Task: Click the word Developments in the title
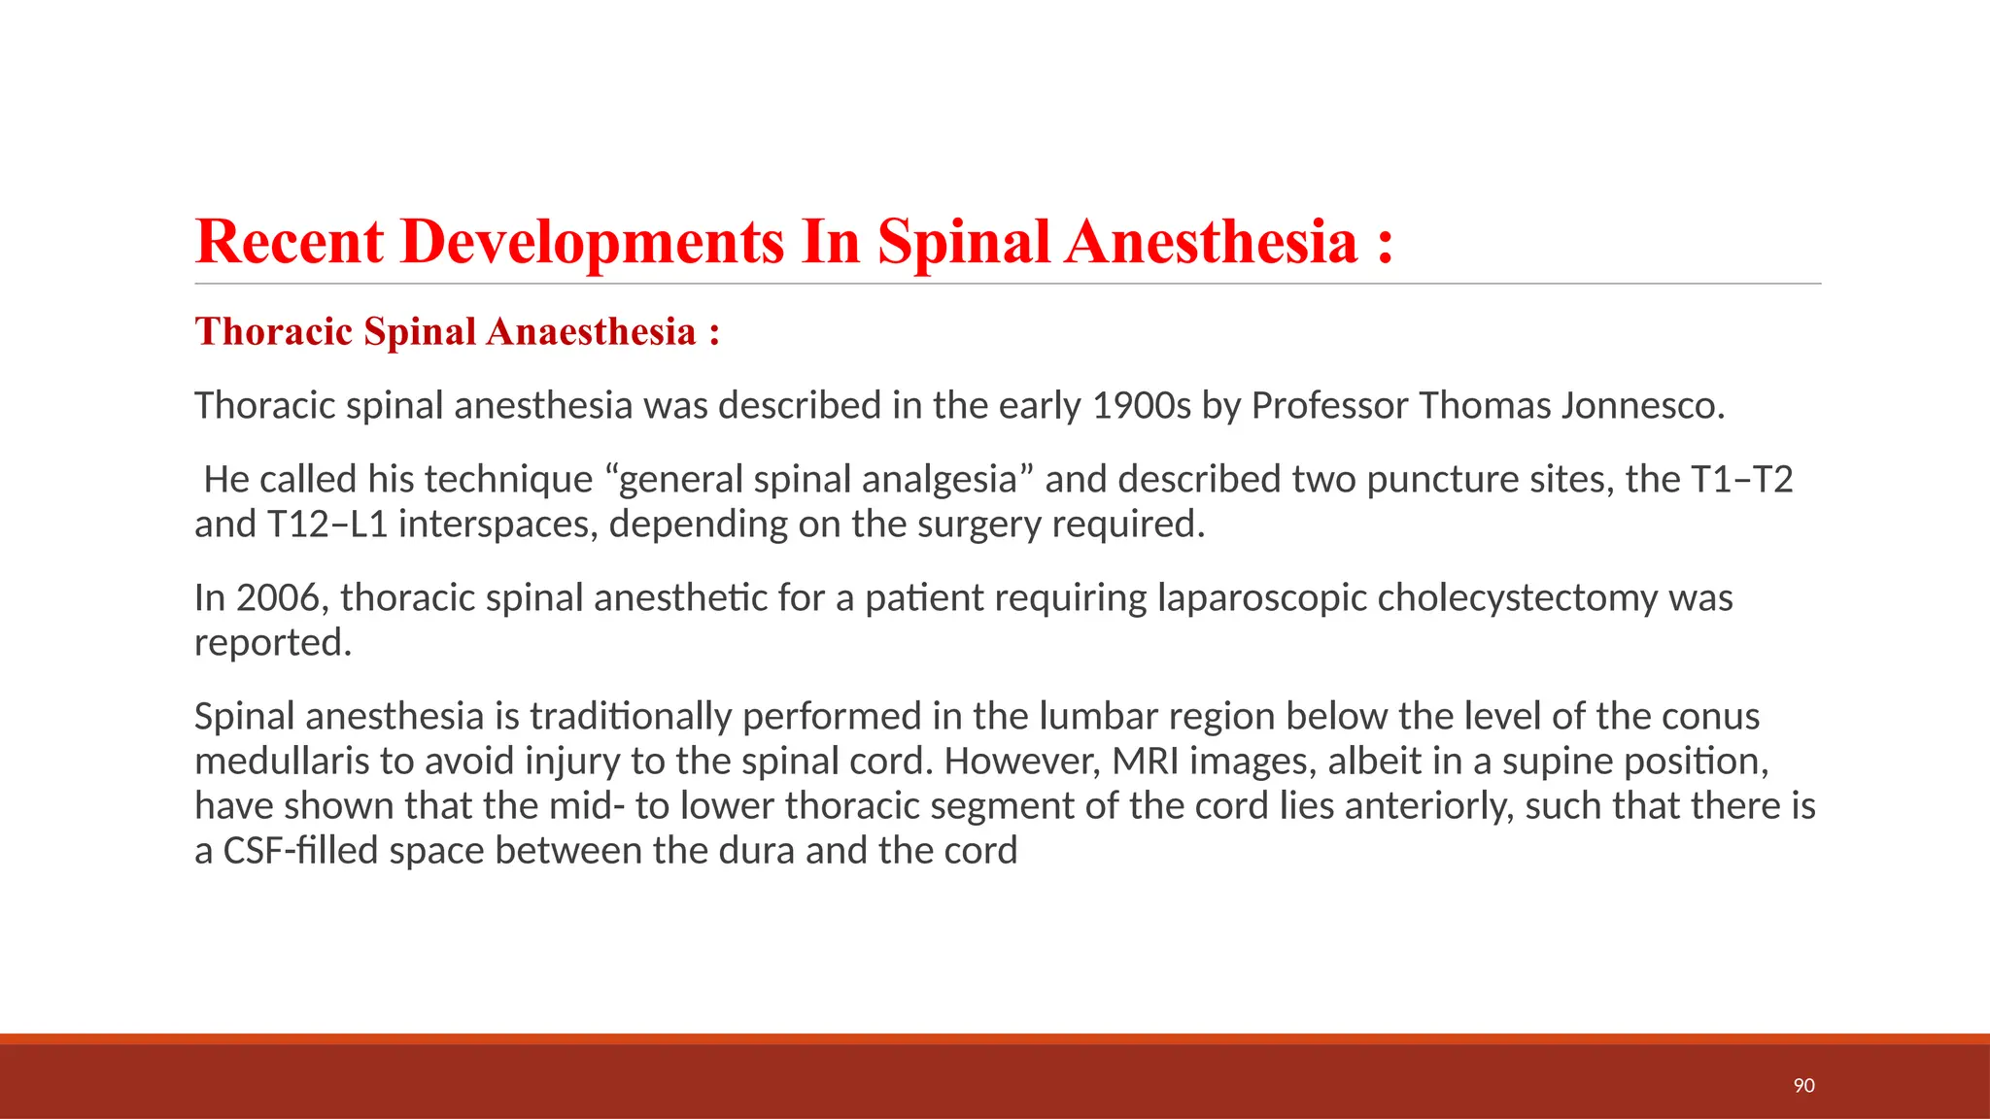[x=592, y=242]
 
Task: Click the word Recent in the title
[x=289, y=242]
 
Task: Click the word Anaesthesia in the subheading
[x=591, y=332]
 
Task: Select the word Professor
[x=1328, y=405]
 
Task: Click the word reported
[x=271, y=643]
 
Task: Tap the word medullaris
[x=282, y=761]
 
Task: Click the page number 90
[x=1803, y=1085]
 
